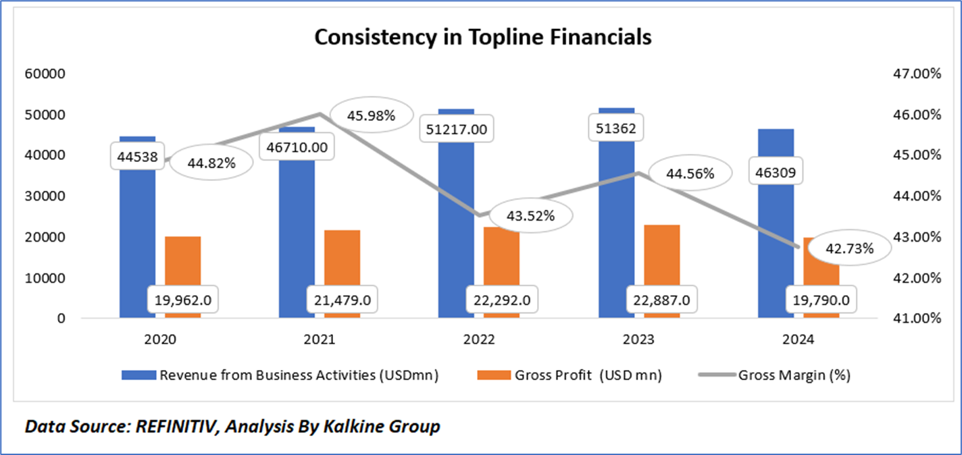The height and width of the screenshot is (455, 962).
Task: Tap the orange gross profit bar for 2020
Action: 182,263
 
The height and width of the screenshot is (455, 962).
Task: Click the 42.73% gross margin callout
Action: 849,248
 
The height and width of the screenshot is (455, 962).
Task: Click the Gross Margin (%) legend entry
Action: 794,376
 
